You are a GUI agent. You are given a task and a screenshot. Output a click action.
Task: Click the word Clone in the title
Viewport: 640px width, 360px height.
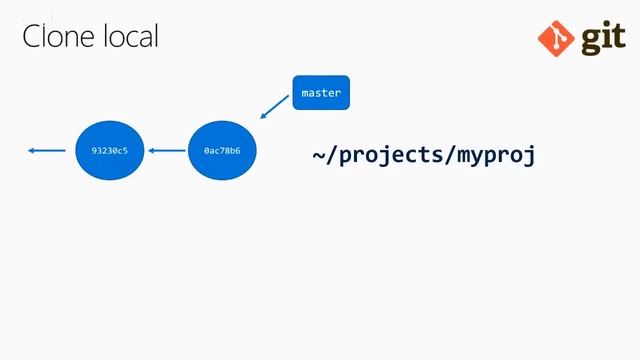click(x=58, y=37)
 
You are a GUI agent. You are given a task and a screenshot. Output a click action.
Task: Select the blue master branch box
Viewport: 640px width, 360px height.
click(x=321, y=93)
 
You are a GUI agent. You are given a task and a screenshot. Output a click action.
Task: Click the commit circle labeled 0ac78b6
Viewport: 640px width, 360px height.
click(x=222, y=151)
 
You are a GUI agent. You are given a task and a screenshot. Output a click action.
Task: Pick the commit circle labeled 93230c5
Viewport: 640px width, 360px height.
click(x=109, y=151)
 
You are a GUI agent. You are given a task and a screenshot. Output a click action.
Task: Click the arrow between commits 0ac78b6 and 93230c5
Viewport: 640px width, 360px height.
click(x=166, y=151)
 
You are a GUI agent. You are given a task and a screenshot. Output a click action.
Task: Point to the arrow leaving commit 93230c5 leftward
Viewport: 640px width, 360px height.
click(x=46, y=151)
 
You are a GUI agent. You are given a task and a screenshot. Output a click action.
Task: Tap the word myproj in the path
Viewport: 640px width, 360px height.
click(x=497, y=155)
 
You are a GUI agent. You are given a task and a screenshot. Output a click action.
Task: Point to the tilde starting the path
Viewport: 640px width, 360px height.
click(x=319, y=155)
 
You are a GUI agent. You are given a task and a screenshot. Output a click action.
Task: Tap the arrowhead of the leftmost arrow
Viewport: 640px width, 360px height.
click(x=32, y=151)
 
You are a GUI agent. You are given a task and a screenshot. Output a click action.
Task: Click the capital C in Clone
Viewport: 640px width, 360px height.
click(x=32, y=37)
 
